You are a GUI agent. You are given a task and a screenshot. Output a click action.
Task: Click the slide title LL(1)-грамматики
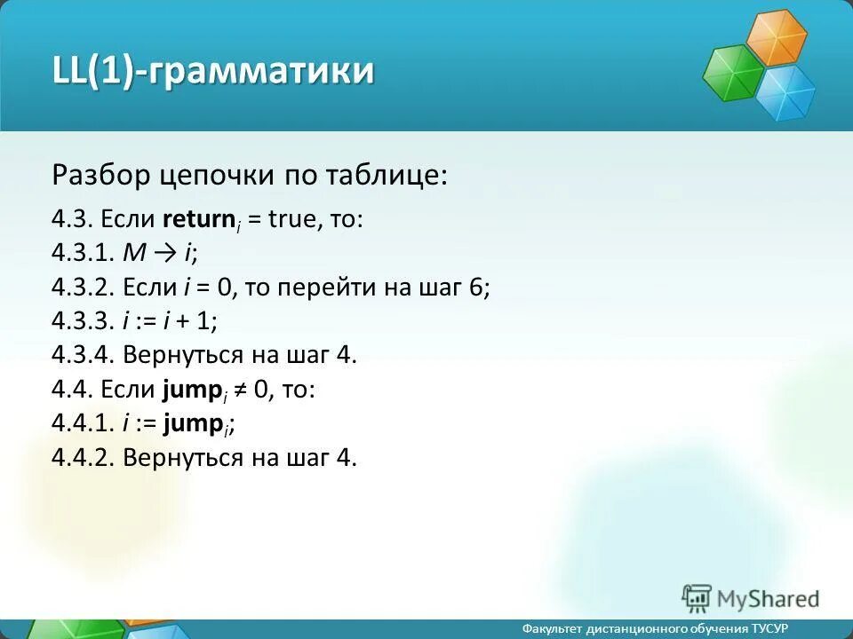212,71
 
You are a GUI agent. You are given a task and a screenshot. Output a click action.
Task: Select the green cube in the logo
733,74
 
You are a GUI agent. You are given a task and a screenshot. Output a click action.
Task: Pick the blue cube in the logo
785,91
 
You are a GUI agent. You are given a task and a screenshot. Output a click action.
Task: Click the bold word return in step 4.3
198,219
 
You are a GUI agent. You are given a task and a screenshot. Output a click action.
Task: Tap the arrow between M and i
163,254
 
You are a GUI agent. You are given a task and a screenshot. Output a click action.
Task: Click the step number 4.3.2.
84,288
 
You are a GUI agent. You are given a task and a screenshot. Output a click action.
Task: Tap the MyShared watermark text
769,599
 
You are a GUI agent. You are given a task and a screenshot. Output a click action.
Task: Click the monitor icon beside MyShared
698,598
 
